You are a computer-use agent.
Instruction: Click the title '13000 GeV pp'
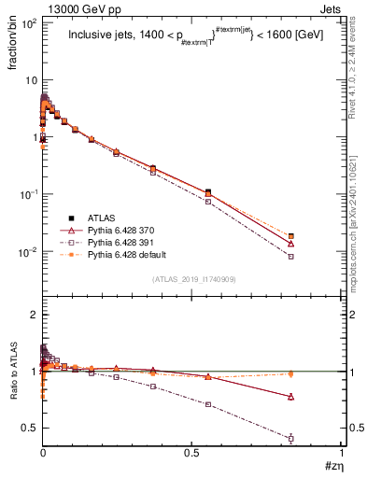(68, 7)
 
